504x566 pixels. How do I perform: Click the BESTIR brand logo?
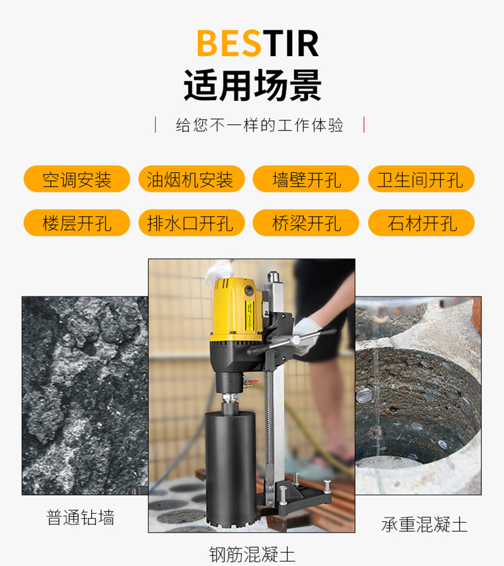pos(258,43)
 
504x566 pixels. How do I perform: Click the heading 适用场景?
pos(252,86)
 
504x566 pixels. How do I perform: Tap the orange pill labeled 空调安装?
pos(77,179)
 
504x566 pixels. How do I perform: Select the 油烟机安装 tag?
pos(192,179)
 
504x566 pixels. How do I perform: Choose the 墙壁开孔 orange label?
pos(306,179)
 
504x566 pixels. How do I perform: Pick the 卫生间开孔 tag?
pos(421,179)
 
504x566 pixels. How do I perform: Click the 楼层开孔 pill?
pos(77,222)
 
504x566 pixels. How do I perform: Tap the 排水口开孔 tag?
pos(192,222)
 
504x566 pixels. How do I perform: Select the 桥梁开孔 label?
pos(306,222)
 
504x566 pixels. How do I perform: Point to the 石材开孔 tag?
pos(421,222)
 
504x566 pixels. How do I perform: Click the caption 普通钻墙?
pos(81,517)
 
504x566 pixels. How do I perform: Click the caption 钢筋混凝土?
pos(252,555)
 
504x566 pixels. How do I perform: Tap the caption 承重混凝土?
pos(424,524)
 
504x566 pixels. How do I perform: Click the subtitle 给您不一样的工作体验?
pos(260,125)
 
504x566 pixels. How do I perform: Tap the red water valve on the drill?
pos(252,381)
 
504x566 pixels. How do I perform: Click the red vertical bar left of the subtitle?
pos(156,125)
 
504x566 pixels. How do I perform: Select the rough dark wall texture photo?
pos(85,396)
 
